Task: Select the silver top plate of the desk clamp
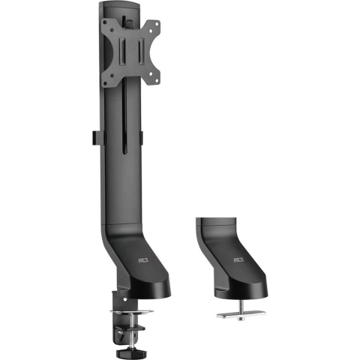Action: coord(135,312)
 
